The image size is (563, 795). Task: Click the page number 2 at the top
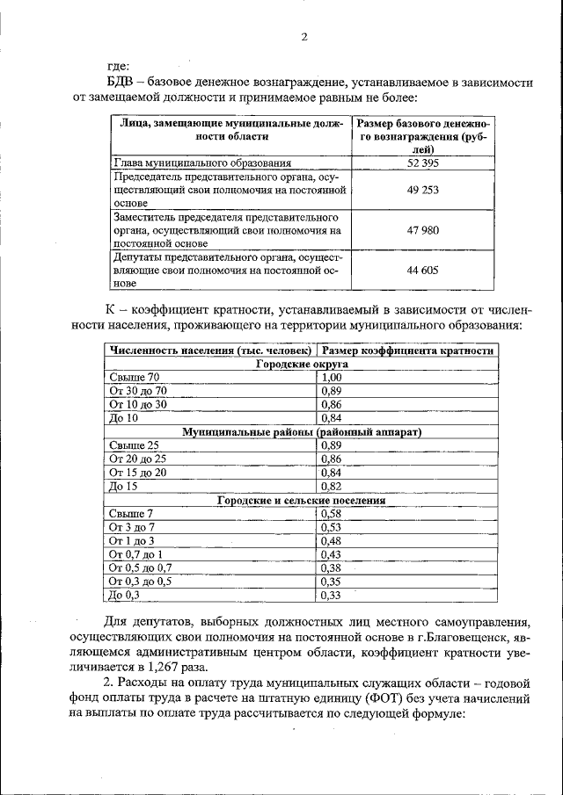304,37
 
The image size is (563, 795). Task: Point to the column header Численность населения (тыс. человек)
209,351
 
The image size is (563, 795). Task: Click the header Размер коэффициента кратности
407,351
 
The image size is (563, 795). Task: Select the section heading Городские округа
301,363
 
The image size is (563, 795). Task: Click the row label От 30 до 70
137,390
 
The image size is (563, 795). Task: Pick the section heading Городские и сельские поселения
301,500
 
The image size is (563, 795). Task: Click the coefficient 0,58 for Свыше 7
332,514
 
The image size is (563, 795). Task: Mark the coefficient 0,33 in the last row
332,596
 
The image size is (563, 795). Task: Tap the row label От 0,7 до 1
136,554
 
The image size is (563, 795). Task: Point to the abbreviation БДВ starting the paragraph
121,83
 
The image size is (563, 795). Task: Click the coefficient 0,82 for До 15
332,486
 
